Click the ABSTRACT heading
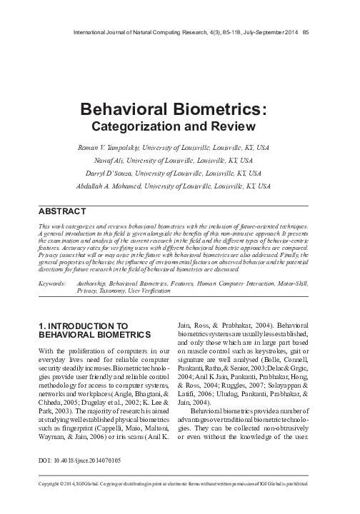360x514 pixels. click(61, 211)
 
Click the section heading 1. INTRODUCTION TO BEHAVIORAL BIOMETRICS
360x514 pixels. click(94, 330)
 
